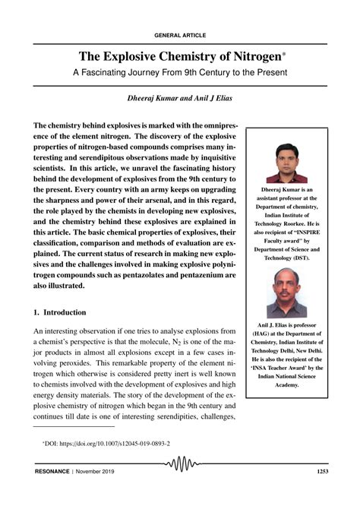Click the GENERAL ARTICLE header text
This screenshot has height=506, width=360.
click(x=179, y=35)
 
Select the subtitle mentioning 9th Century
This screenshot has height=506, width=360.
click(x=180, y=74)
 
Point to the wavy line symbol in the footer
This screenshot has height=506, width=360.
click(x=179, y=485)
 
